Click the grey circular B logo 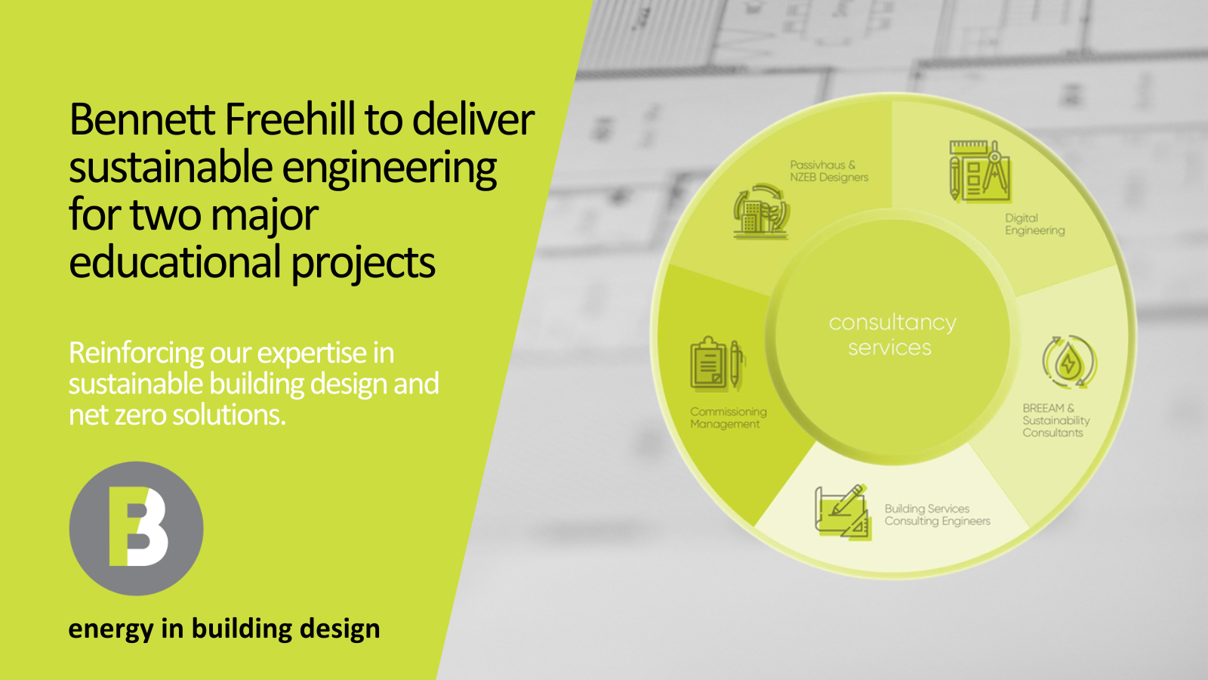[137, 528]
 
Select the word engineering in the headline [389, 169]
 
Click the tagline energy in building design [224, 629]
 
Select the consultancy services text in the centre [892, 335]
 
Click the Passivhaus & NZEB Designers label [829, 171]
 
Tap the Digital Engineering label [1034, 224]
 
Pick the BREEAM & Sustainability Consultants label [1056, 420]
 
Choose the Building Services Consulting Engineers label [937, 515]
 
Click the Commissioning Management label [728, 418]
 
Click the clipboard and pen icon [718, 363]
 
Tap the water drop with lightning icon [1069, 362]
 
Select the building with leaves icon [761, 211]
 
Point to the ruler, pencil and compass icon [980, 171]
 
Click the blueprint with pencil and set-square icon [843, 512]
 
